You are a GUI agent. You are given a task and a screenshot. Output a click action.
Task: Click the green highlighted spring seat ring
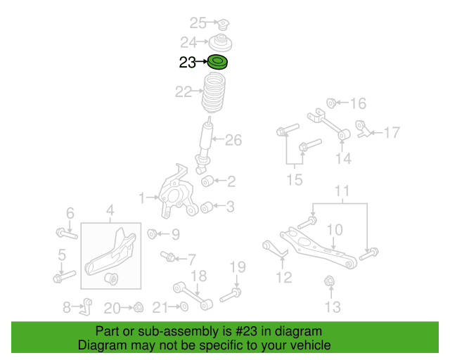click(x=218, y=63)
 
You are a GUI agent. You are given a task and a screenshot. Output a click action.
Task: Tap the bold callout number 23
click(x=187, y=63)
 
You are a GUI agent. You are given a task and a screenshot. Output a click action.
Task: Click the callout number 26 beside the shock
click(x=233, y=141)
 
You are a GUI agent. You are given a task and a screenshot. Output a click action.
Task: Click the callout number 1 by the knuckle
click(x=142, y=198)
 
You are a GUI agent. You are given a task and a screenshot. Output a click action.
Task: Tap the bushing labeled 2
click(x=208, y=182)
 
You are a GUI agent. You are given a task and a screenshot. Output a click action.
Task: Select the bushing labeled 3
click(x=207, y=207)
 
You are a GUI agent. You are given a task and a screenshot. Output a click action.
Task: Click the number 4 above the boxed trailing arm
click(x=110, y=209)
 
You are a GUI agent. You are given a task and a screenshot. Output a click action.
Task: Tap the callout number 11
click(x=341, y=191)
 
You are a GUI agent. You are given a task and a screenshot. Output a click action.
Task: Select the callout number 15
click(x=294, y=180)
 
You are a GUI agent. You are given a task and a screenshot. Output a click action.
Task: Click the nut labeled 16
click(x=333, y=103)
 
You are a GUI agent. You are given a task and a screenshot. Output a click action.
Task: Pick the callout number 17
click(x=391, y=131)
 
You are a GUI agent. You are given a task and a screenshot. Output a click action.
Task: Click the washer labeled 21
click(x=183, y=307)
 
